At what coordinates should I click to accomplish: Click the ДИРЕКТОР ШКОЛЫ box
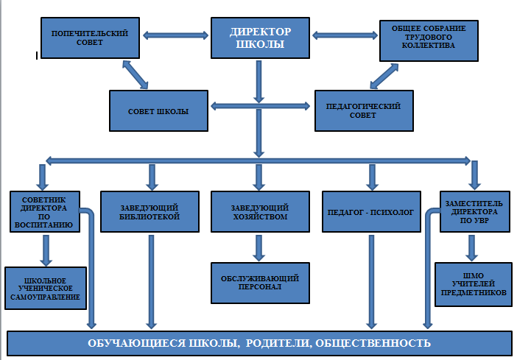tap(260, 37)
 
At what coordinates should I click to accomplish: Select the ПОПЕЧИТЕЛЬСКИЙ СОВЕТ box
tap(90, 38)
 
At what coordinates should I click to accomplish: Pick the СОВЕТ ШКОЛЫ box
tap(158, 112)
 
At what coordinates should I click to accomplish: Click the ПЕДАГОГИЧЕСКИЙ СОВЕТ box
tap(362, 111)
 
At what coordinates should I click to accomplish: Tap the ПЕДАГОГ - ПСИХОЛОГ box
tap(371, 212)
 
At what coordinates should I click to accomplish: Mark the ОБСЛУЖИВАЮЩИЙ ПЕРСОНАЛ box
tap(258, 283)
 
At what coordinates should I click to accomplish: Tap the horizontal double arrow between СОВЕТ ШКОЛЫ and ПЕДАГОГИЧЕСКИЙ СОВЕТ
tap(261, 107)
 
